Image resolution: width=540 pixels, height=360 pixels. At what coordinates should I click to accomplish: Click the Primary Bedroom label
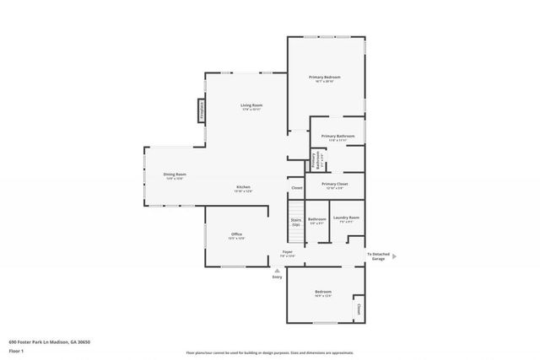tap(327, 78)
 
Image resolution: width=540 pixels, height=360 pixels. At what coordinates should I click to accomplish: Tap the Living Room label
tap(251, 105)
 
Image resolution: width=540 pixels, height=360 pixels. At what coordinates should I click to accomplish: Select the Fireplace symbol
tap(202, 110)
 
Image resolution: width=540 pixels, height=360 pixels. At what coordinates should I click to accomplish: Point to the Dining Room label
tap(174, 175)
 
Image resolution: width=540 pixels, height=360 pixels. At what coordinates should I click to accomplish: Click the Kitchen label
tap(243, 187)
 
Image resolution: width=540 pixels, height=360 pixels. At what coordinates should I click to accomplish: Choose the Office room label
tap(236, 234)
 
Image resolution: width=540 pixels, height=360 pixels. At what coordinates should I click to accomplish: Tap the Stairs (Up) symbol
tap(296, 223)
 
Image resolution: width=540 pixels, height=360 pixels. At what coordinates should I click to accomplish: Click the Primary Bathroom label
tap(337, 136)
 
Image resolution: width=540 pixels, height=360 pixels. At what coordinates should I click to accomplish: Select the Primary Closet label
tap(335, 183)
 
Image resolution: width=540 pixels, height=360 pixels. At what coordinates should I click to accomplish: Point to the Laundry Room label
tap(346, 218)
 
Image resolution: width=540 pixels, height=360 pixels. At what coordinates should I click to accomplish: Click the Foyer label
tap(287, 252)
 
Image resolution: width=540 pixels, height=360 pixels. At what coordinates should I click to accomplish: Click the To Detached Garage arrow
tap(395, 256)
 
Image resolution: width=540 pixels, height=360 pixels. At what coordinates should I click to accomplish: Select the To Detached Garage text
tap(377, 256)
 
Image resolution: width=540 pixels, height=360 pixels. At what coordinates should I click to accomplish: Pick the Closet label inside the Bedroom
tap(359, 309)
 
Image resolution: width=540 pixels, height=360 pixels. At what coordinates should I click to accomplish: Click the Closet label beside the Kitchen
tap(297, 188)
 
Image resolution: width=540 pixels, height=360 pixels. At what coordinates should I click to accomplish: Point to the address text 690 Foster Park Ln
tap(49, 341)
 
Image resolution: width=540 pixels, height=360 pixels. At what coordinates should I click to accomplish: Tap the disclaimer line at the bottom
tap(270, 353)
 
